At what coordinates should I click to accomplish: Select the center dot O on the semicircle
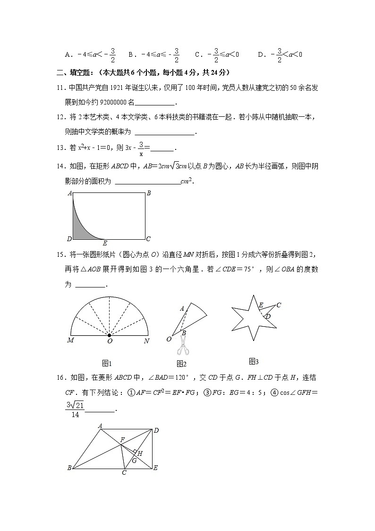(x=110, y=335)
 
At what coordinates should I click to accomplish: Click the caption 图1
(x=107, y=363)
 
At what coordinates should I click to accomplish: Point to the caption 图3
(x=254, y=362)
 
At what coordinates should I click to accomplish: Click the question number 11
(x=60, y=88)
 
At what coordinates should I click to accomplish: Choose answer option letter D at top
(x=260, y=55)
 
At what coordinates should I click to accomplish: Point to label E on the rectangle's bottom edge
(x=104, y=244)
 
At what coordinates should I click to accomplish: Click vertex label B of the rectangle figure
(x=148, y=193)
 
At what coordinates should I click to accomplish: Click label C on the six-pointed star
(x=279, y=305)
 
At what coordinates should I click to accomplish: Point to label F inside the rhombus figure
(x=122, y=440)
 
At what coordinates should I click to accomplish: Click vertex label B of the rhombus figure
(x=69, y=468)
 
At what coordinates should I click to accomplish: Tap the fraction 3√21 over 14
(x=75, y=409)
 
